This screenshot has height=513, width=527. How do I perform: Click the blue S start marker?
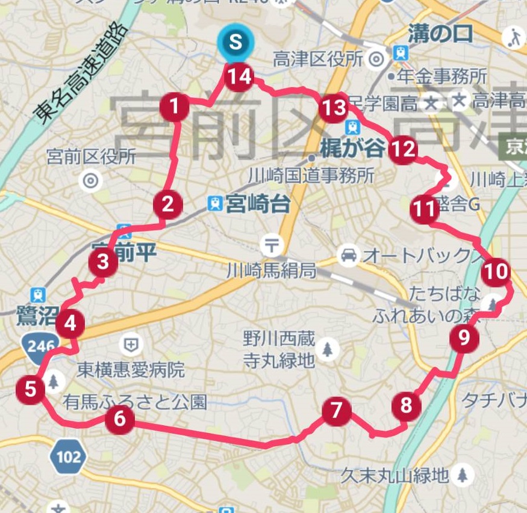click(235, 43)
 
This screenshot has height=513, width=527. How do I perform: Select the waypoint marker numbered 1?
click(175, 108)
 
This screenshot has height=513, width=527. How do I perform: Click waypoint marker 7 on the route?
click(336, 411)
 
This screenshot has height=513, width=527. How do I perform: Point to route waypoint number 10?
click(496, 272)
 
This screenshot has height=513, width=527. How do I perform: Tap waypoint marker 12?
click(402, 149)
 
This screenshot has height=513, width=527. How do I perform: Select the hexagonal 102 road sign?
click(68, 457)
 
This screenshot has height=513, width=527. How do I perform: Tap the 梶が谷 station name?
click(352, 149)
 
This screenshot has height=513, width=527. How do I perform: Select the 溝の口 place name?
click(440, 33)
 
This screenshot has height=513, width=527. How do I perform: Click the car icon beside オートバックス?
click(348, 256)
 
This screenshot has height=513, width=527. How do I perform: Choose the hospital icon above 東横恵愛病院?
click(129, 345)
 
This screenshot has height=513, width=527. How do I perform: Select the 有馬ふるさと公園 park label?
click(135, 402)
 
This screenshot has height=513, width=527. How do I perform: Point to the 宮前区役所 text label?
click(92, 157)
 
